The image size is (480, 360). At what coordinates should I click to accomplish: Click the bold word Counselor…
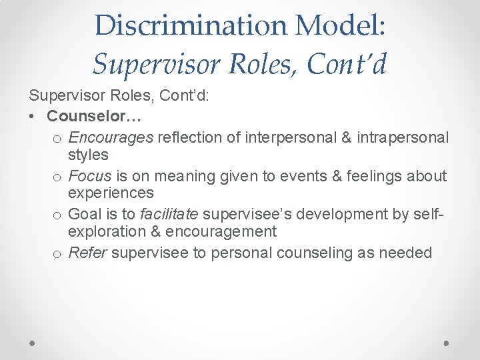coord(93,116)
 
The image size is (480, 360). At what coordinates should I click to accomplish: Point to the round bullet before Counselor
coord(33,117)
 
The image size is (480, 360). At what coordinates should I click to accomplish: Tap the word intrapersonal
coord(403,137)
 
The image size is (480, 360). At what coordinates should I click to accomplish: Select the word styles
coord(88,155)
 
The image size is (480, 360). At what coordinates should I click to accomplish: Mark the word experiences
coord(111,193)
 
